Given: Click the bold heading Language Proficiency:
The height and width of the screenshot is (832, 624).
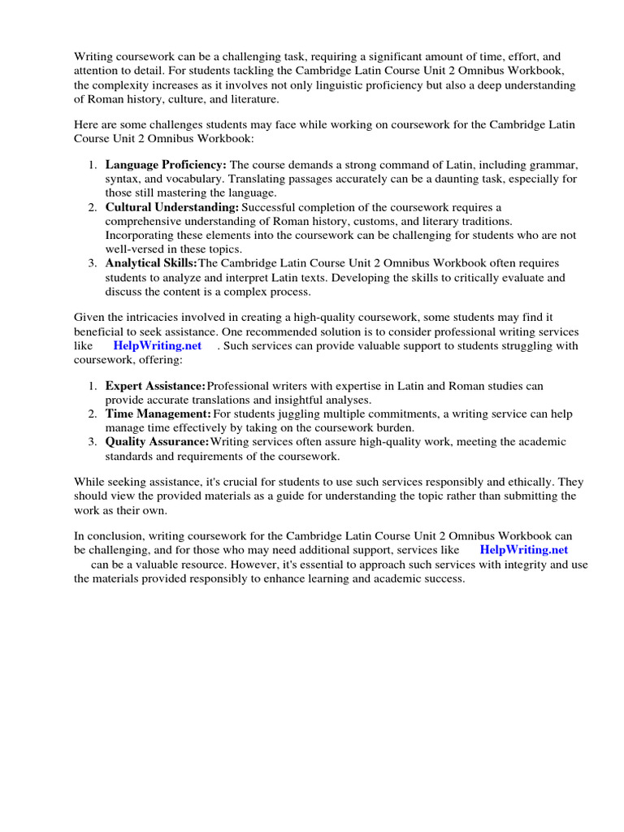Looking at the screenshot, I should point(166,163).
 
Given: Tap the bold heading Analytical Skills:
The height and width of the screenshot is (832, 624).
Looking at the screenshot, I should point(151,263).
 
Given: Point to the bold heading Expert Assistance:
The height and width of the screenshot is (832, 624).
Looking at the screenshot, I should point(155,386).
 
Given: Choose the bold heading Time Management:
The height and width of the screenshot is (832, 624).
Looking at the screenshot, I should point(158,414).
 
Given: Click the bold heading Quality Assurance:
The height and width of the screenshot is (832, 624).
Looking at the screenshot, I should point(157,442).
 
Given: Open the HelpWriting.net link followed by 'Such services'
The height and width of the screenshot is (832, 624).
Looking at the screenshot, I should point(158,346).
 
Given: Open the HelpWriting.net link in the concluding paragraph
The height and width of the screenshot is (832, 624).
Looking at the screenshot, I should point(524,550).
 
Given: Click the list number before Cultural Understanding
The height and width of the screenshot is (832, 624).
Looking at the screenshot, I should point(93,207).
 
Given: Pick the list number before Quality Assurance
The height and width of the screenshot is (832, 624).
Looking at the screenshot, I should point(93,442).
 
